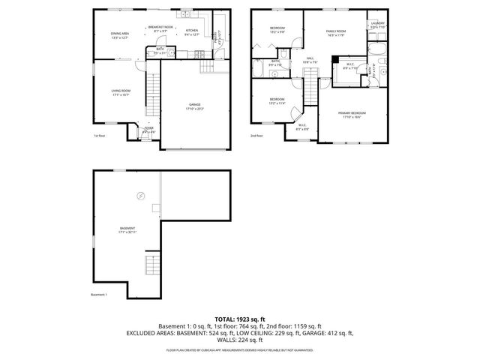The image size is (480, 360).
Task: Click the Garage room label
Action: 194,106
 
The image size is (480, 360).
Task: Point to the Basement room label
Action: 127,230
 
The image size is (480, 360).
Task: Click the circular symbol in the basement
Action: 140,195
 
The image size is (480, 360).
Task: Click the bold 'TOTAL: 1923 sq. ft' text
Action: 239,319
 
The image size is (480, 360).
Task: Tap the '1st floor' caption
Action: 99,136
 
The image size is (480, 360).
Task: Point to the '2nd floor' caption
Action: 257,136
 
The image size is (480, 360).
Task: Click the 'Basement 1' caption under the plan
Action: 100,295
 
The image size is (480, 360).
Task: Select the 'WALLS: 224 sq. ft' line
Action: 240,339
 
